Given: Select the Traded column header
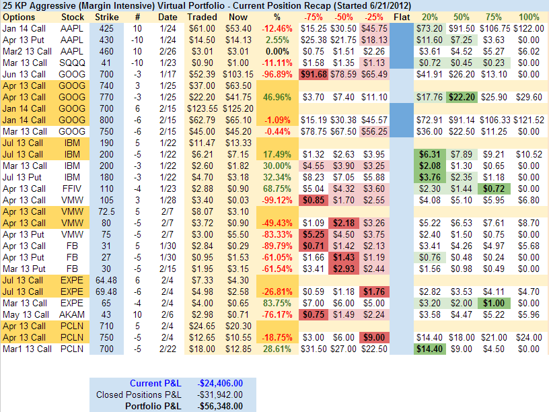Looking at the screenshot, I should click(x=203, y=16).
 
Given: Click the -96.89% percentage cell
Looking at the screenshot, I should click(x=277, y=73).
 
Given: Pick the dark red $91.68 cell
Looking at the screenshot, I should click(x=314, y=73).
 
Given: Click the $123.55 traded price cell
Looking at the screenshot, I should click(x=202, y=108).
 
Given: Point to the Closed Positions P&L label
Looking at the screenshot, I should click(x=139, y=394).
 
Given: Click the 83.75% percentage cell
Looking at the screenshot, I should click(x=277, y=303).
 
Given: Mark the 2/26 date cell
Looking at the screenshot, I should click(x=168, y=50).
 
